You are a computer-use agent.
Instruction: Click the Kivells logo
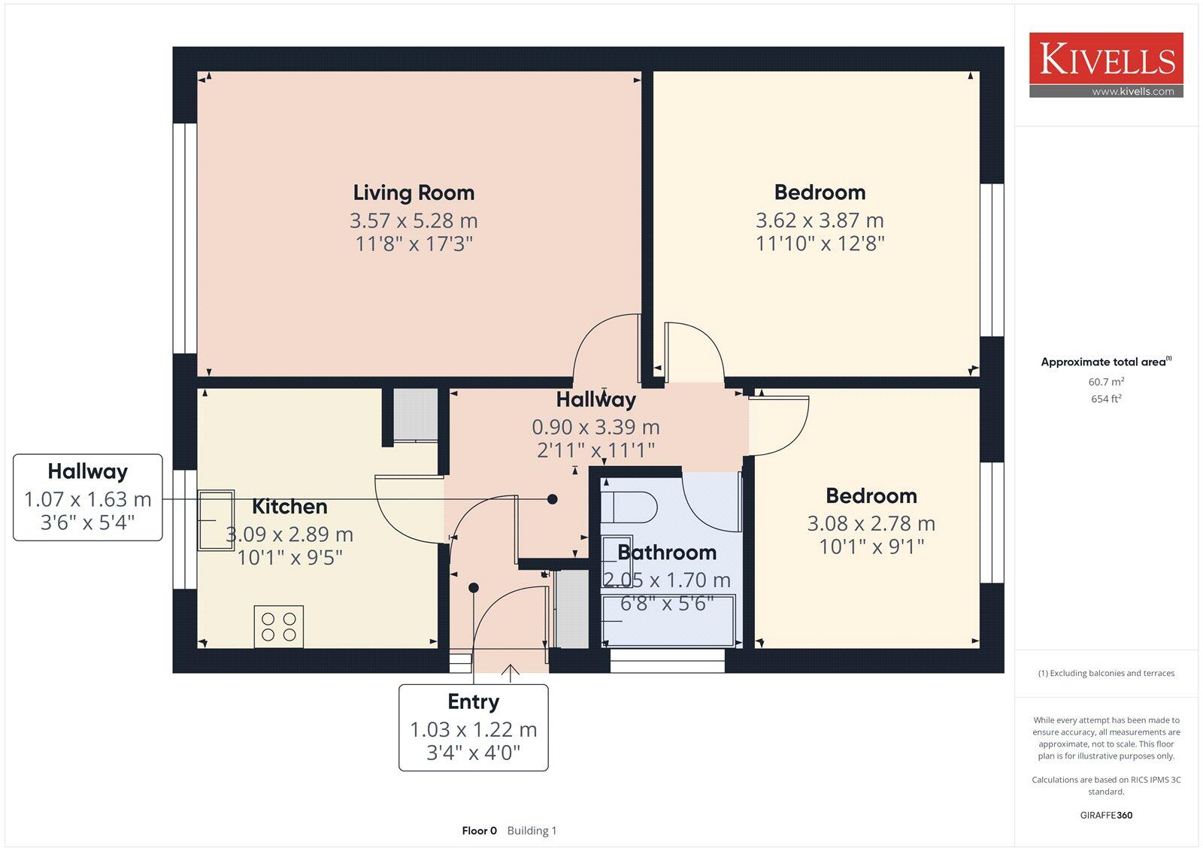pyautogui.click(x=1106, y=59)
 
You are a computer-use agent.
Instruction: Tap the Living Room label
pyautogui.click(x=414, y=193)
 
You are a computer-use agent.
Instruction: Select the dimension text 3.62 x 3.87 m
pyautogui.click(x=820, y=220)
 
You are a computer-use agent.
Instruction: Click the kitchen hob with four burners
pyautogui.click(x=278, y=626)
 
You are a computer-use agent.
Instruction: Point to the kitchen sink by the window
pyautogui.click(x=216, y=520)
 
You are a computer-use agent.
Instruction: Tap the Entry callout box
pyautogui.click(x=473, y=727)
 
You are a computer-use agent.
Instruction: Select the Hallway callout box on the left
pyautogui.click(x=87, y=497)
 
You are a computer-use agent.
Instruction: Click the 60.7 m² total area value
pyautogui.click(x=1105, y=382)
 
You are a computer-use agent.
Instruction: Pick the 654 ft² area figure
pyautogui.click(x=1105, y=399)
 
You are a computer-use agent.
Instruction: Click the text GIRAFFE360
pyautogui.click(x=1105, y=815)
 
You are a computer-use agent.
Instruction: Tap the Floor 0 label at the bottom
pyautogui.click(x=479, y=831)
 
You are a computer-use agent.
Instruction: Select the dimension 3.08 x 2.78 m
pyautogui.click(x=871, y=523)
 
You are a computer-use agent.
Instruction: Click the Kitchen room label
pyautogui.click(x=289, y=507)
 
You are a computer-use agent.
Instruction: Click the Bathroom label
pyautogui.click(x=666, y=553)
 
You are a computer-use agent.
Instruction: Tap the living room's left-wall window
pyautogui.click(x=184, y=238)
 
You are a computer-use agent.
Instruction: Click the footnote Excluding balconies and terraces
pyautogui.click(x=1105, y=674)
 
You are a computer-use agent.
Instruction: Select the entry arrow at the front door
pyautogui.click(x=511, y=672)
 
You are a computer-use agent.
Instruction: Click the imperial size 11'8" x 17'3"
pyautogui.click(x=414, y=244)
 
